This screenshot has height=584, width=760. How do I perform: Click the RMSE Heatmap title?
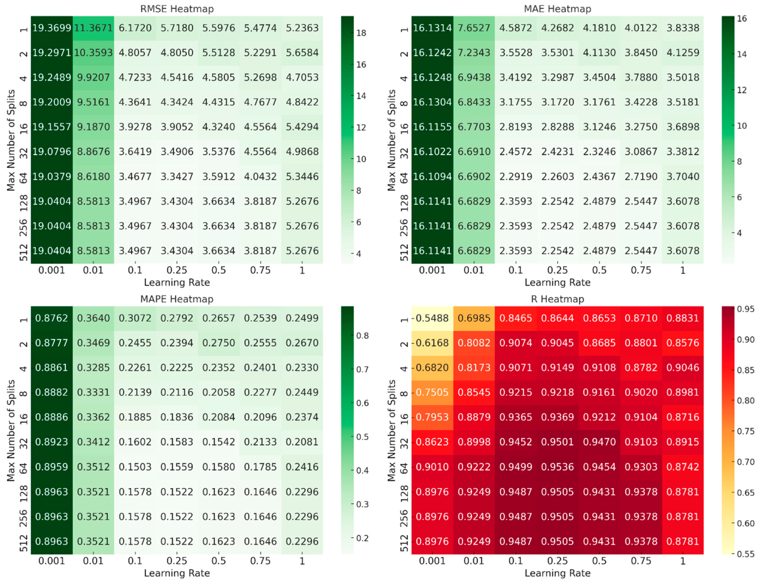pyautogui.click(x=177, y=9)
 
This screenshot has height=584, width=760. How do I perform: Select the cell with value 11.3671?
pyautogui.click(x=93, y=28)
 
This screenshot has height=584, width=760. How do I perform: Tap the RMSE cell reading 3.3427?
pyautogui.click(x=177, y=176)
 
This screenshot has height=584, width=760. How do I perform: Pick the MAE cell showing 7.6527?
pyautogui.click(x=474, y=28)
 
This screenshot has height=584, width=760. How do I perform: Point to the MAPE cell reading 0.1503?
pyautogui.click(x=135, y=466)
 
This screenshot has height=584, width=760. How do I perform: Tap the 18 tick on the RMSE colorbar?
pyautogui.click(x=361, y=33)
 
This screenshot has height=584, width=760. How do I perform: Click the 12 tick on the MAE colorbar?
pyautogui.click(x=742, y=90)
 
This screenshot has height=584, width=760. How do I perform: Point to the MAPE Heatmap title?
pyautogui.click(x=177, y=299)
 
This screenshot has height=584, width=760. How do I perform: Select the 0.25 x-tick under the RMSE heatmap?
pyautogui.click(x=177, y=270)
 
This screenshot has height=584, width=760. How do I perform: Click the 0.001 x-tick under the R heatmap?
pyautogui.click(x=432, y=560)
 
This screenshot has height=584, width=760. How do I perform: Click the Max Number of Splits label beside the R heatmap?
pyautogui.click(x=391, y=430)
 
